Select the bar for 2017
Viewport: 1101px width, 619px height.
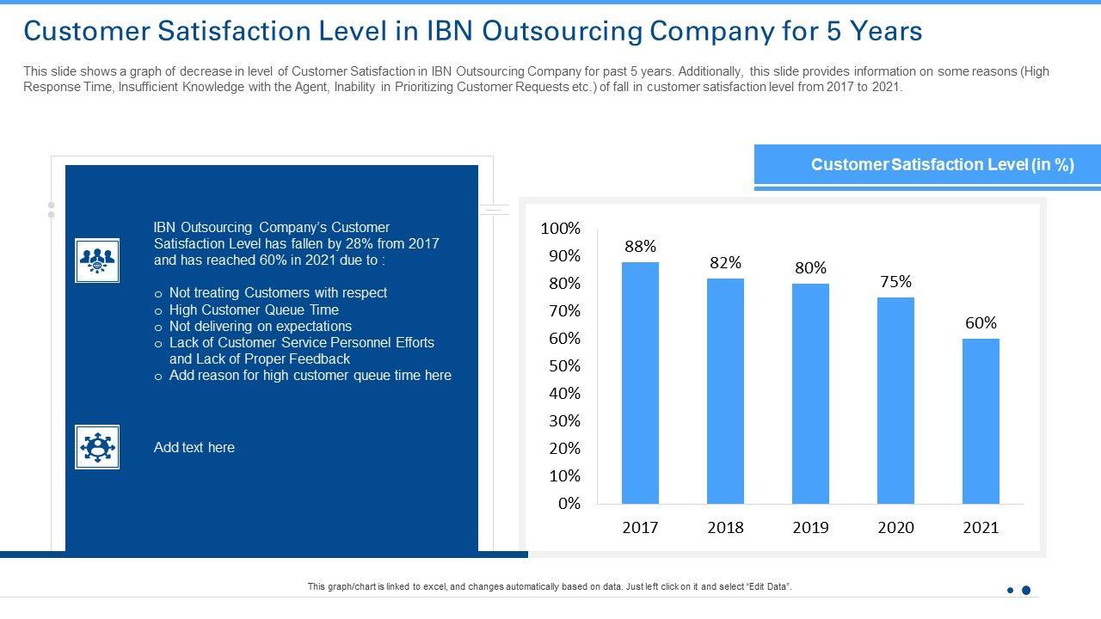pyautogui.click(x=640, y=383)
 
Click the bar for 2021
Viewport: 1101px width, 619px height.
pyautogui.click(x=981, y=420)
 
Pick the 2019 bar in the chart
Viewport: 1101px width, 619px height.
pyautogui.click(x=810, y=393)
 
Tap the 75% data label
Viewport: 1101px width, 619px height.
pyautogui.click(x=895, y=282)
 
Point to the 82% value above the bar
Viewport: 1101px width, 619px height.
pyautogui.click(x=725, y=263)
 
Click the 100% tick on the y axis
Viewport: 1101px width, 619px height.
pyautogui.click(x=561, y=229)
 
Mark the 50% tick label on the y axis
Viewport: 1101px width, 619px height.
pyautogui.click(x=564, y=366)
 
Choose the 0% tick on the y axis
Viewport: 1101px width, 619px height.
pyautogui.click(x=569, y=504)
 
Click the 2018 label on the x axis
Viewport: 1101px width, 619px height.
pyautogui.click(x=725, y=528)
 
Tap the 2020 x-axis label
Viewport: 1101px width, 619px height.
pyautogui.click(x=895, y=528)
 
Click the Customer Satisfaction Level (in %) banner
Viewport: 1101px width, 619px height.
pyautogui.click(x=927, y=164)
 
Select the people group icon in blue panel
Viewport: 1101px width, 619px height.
pyautogui.click(x=97, y=260)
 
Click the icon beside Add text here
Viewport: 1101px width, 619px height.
pyautogui.click(x=97, y=447)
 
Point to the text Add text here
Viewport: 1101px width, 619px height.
pyautogui.click(x=194, y=447)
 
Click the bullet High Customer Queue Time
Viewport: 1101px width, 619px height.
pyautogui.click(x=254, y=309)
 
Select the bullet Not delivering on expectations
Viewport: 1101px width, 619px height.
pyautogui.click(x=260, y=326)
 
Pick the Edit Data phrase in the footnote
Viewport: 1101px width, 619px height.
pyautogui.click(x=767, y=586)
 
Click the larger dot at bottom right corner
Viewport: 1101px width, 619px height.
pyautogui.click(x=1025, y=591)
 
